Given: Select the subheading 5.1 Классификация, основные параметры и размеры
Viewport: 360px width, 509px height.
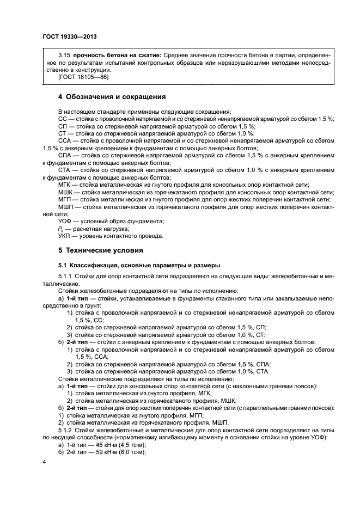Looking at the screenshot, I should [139, 265].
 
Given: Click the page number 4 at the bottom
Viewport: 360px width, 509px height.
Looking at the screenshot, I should [45, 462].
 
